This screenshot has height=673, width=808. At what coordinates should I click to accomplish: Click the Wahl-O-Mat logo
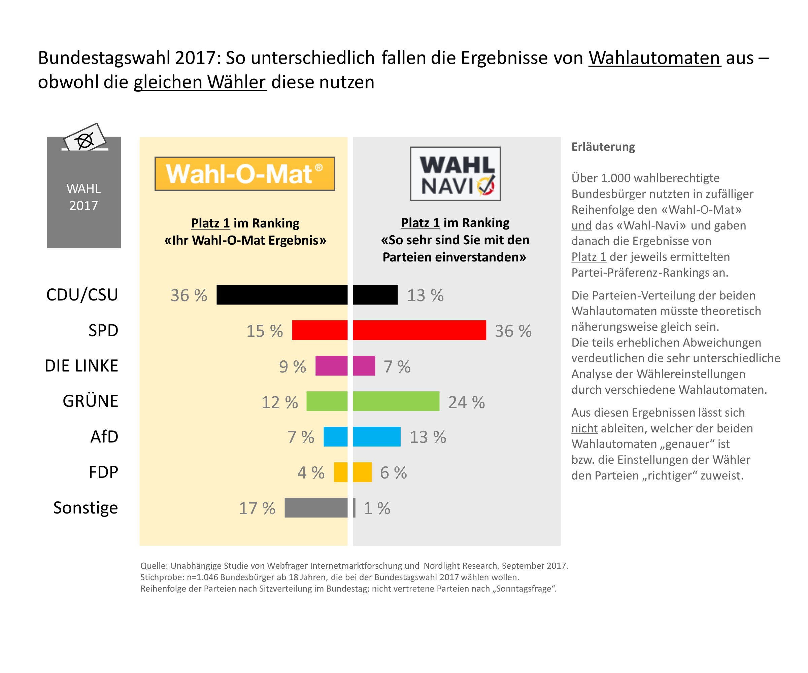245,174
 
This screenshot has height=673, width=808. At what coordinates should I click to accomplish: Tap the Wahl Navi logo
455,174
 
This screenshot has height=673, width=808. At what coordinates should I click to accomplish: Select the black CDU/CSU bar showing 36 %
282,295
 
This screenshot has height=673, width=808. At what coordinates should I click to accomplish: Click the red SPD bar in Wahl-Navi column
419,330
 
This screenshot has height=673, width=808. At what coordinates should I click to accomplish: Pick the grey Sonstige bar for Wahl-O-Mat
316,508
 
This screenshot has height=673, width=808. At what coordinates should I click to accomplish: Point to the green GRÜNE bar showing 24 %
396,401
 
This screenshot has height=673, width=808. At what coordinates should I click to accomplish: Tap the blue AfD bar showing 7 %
336,437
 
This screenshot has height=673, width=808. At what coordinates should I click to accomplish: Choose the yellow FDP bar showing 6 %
362,472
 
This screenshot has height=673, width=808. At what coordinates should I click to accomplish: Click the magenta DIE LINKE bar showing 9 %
331,366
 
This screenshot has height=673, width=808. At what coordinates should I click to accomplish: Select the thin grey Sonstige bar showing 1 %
354,508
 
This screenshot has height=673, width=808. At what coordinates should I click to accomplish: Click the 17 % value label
257,508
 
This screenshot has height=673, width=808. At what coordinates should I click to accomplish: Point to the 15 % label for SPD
264,331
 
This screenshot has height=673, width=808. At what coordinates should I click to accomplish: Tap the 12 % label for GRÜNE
280,402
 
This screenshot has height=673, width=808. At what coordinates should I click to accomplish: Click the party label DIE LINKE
81,366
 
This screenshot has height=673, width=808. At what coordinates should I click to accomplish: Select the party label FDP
103,472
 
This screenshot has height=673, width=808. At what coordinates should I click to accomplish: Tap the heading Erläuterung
603,147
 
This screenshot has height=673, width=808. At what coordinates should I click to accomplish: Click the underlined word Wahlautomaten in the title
654,58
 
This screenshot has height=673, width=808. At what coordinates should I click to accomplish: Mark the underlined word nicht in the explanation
584,428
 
